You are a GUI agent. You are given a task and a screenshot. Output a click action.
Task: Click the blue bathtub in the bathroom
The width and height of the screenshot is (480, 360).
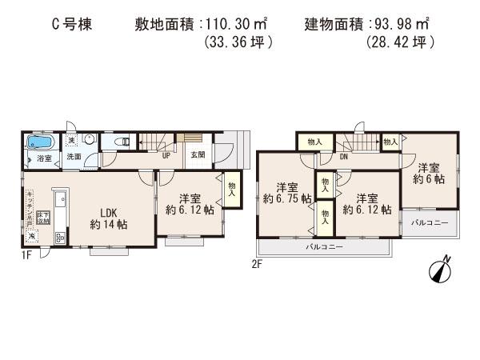pyautogui.click(x=38, y=143)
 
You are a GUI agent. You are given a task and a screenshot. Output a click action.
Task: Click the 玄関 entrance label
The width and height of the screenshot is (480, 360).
pyautogui.click(x=198, y=155)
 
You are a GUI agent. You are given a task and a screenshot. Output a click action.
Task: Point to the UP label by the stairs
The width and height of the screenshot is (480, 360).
pyautogui.click(x=166, y=155)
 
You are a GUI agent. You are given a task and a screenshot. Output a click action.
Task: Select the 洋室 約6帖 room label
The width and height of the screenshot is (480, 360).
pyautogui.click(x=429, y=174)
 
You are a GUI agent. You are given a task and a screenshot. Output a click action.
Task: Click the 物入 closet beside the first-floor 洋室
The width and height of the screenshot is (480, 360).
pyautogui.click(x=231, y=189)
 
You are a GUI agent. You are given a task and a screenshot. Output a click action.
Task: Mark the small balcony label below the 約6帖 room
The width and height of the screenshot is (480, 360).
pyautogui.click(x=430, y=221)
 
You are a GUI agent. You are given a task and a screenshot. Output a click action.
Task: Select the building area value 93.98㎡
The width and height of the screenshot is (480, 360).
pyautogui.click(x=401, y=25)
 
